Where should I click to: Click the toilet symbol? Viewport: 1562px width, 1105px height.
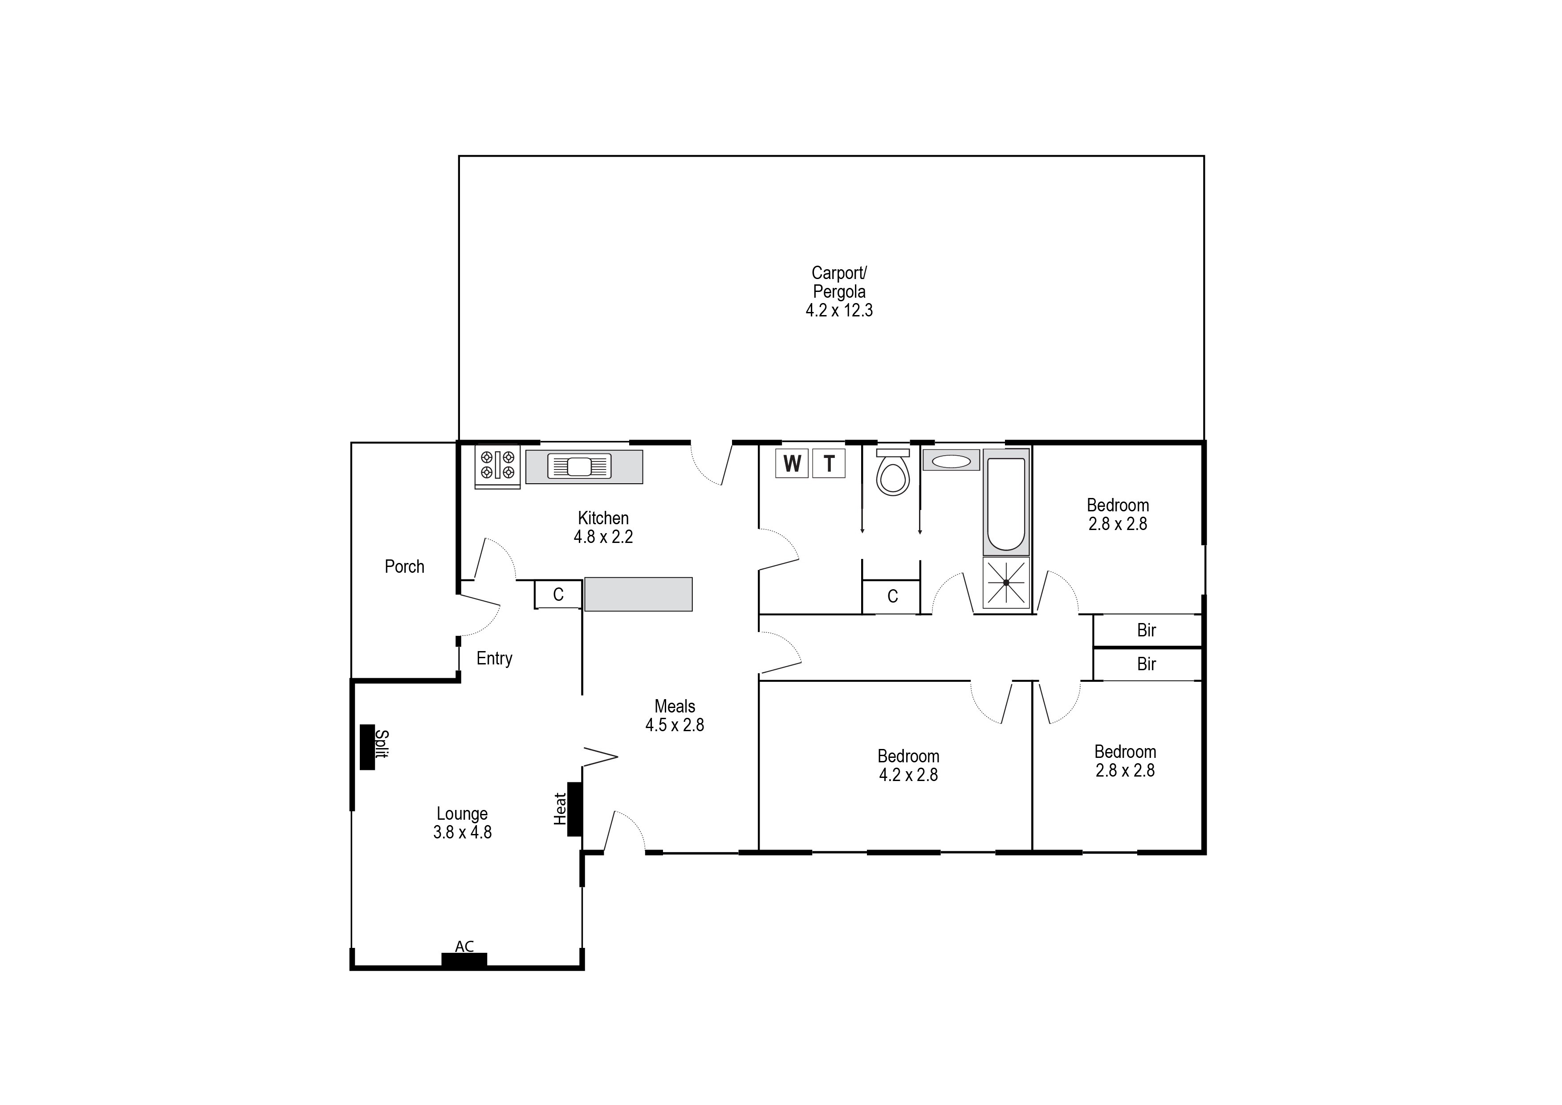pyautogui.click(x=892, y=475)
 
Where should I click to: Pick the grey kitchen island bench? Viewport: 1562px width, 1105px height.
pyautogui.click(x=639, y=594)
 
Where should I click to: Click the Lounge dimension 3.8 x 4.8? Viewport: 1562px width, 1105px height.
pyautogui.click(x=462, y=832)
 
